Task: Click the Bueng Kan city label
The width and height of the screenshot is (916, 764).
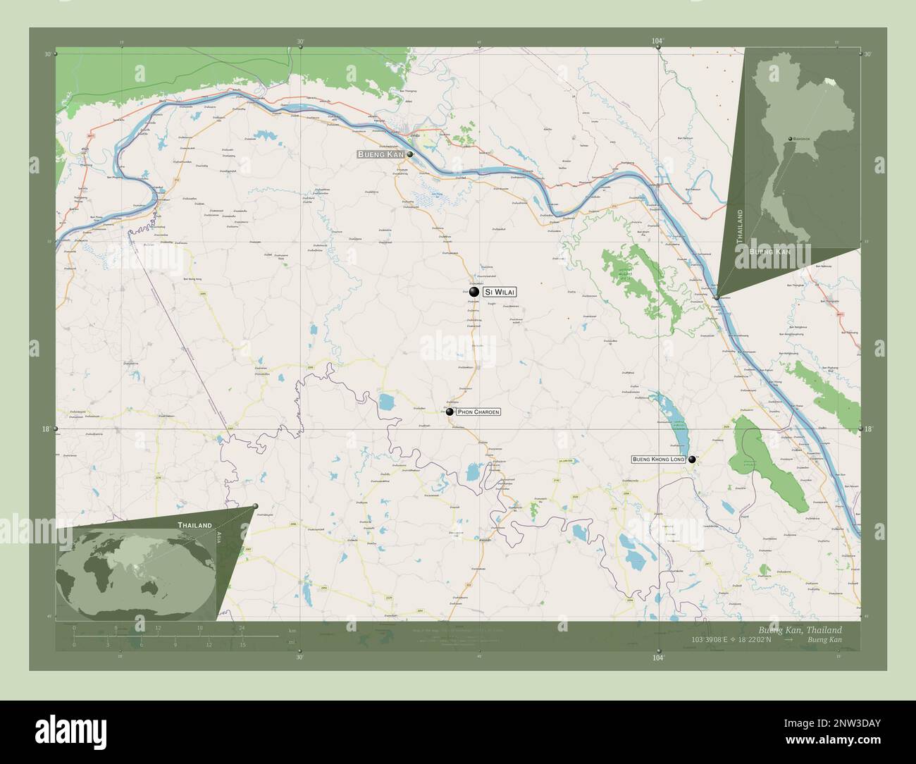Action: [380, 154]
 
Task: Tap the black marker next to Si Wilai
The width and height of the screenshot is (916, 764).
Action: [474, 292]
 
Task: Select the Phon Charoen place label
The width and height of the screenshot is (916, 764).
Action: [478, 412]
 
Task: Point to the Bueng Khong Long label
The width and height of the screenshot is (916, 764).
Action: [658, 460]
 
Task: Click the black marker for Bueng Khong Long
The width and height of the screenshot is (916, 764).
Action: [693, 460]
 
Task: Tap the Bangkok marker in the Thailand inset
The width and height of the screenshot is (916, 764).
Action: [791, 139]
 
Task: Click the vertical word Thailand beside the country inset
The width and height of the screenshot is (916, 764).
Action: [740, 226]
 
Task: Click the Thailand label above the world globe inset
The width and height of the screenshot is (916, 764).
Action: [194, 526]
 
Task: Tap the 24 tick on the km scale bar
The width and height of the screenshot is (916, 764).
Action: [242, 627]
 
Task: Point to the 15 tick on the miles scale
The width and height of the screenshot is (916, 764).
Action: [242, 644]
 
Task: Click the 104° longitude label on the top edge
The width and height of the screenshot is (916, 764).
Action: [657, 42]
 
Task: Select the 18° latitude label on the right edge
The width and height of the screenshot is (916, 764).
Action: [868, 429]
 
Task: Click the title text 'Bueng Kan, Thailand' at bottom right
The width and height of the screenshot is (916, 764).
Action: [799, 629]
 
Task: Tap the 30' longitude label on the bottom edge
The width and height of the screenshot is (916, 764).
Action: [299, 658]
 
